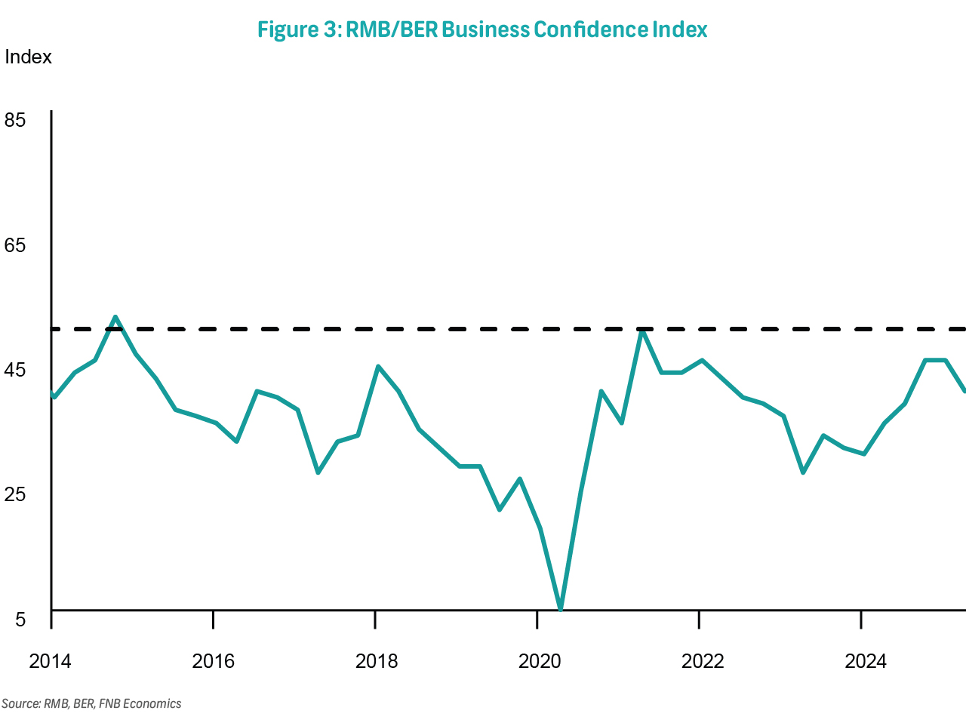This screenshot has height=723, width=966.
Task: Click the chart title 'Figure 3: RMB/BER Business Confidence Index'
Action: (482, 29)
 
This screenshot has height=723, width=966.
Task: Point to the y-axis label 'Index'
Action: (28, 57)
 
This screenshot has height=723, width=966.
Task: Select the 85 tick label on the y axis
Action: (15, 120)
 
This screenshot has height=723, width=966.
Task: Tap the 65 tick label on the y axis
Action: (15, 245)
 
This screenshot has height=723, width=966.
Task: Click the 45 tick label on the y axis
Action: (15, 371)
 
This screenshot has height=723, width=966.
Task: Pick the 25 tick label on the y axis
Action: (15, 494)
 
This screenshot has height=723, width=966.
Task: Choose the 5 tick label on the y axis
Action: (20, 620)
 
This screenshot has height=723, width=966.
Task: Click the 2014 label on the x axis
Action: (50, 662)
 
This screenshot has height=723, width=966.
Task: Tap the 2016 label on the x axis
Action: (214, 662)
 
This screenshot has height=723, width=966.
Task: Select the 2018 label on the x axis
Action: (377, 662)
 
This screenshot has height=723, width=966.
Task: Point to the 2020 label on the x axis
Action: (540, 662)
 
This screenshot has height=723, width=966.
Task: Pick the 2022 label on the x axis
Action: (703, 662)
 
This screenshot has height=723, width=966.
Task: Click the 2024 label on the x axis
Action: (866, 662)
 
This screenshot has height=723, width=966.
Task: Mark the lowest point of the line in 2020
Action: (560, 608)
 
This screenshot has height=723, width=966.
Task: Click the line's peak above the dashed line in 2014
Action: (115, 317)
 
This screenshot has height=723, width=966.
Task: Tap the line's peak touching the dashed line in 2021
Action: (641, 331)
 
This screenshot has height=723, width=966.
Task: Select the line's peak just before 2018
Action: (378, 367)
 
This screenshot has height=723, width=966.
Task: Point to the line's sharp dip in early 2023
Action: (803, 472)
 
